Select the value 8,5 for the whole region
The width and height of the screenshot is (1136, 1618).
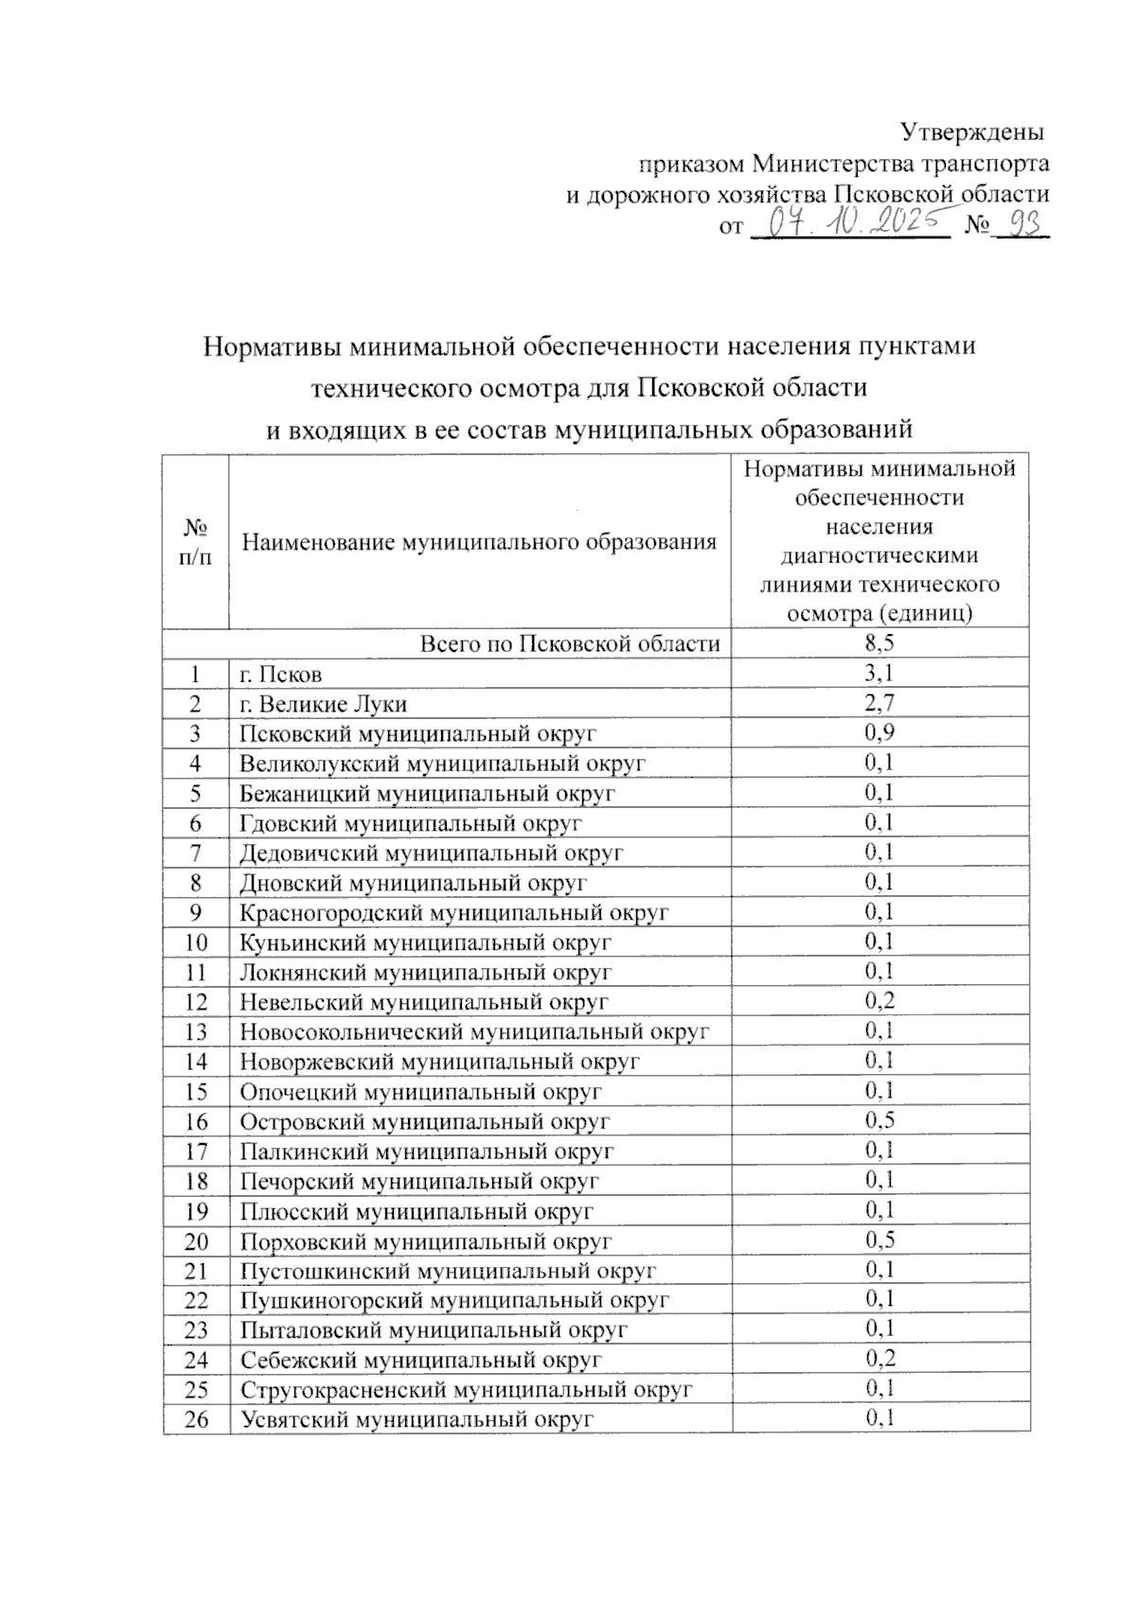[879, 644]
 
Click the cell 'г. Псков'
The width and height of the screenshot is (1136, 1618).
[281, 675]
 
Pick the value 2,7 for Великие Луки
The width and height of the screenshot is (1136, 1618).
[879, 704]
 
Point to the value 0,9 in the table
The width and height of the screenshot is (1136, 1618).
[879, 733]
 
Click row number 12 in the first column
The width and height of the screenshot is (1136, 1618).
[196, 1002]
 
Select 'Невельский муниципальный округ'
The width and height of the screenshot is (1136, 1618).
[423, 1002]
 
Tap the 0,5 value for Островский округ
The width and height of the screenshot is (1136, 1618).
[879, 1121]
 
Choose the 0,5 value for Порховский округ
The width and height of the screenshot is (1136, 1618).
[879, 1240]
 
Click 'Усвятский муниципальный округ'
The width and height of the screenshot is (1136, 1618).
[416, 1419]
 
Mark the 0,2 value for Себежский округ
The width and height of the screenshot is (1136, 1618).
[879, 1360]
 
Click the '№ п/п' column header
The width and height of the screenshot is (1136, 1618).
[196, 541]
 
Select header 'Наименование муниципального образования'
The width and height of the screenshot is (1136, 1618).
[479, 542]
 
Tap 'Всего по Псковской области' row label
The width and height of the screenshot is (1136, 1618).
[570, 644]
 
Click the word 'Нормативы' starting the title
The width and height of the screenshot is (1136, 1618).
[268, 346]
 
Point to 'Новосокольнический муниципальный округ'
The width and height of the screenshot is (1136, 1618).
[474, 1032]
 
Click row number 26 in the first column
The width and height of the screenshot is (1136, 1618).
[196, 1419]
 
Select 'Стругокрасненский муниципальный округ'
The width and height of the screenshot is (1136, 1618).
[466, 1390]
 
